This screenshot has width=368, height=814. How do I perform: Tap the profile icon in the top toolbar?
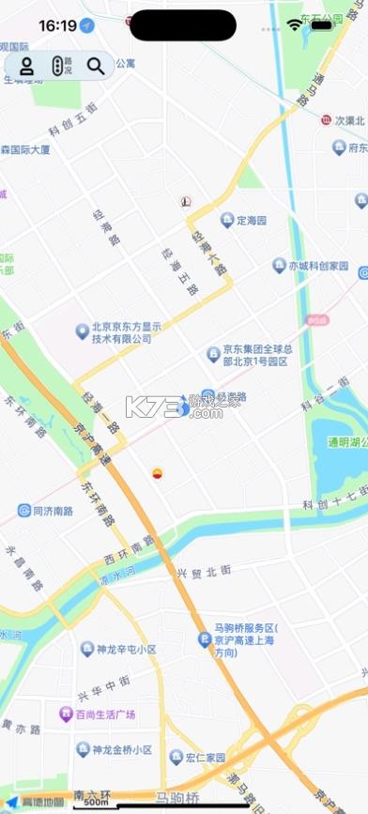tap(27, 66)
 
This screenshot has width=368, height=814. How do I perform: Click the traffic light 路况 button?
tap(61, 66)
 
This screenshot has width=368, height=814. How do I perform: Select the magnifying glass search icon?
tap(96, 66)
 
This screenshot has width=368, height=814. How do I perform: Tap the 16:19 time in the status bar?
tap(58, 25)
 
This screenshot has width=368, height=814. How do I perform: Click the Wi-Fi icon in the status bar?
tap(297, 25)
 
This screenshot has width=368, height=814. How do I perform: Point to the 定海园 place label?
tap(251, 221)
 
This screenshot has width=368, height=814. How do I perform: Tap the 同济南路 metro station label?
tap(52, 511)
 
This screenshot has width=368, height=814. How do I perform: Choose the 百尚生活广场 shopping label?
tap(105, 714)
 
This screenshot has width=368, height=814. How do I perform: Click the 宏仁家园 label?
tap(204, 757)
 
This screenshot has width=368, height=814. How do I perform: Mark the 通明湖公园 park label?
tap(345, 442)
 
